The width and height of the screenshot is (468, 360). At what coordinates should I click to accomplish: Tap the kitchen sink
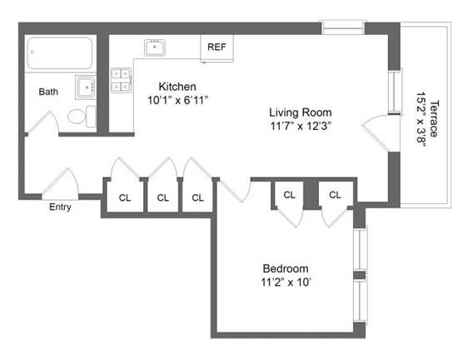pos(155,47)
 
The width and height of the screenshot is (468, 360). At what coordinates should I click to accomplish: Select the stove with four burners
pos(122,79)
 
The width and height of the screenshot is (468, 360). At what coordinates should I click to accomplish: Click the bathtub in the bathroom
pos(61,54)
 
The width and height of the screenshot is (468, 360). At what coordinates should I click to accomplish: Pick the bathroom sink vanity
pos(85,87)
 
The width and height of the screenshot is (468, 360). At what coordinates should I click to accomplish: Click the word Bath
pos(48,92)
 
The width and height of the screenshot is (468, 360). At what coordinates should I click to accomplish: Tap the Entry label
pos(60,207)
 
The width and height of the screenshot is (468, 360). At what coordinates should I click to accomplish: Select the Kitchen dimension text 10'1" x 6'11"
pos(177,100)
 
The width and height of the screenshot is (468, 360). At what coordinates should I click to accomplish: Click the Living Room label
pos(300,112)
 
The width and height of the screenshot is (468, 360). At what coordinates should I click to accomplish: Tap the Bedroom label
pos(286,268)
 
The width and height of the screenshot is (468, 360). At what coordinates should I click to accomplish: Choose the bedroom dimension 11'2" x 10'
pos(286,282)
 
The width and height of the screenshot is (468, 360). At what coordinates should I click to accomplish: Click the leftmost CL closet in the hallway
pos(125,197)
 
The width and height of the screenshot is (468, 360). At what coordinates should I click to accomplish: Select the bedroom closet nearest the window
pos(335,195)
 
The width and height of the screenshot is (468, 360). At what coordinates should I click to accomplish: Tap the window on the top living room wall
pos(343,30)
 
